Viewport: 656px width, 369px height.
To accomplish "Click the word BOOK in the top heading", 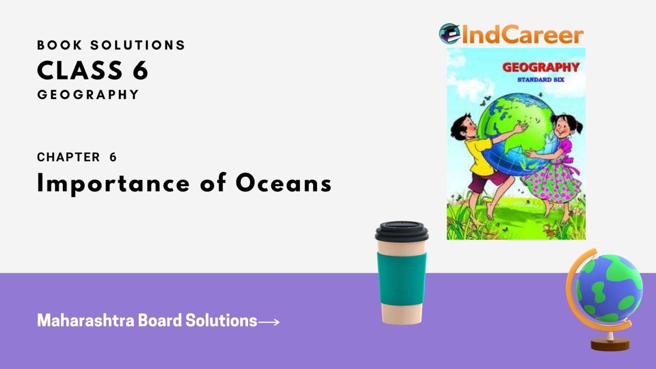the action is pyautogui.click(x=60, y=45).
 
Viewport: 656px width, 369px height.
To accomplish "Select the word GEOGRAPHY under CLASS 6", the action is pyautogui.click(x=88, y=95).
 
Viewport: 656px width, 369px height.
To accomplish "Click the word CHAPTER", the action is pyautogui.click(x=69, y=157).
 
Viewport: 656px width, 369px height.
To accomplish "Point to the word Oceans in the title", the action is pyautogui.click(x=284, y=184).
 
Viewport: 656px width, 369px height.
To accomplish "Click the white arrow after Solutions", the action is pyautogui.click(x=269, y=322).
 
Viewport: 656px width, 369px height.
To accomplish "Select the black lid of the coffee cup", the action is pyautogui.click(x=402, y=231).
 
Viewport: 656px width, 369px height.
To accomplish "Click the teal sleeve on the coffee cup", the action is pyautogui.click(x=402, y=279).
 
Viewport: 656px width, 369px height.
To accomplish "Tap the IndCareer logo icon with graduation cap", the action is pyautogui.click(x=449, y=33).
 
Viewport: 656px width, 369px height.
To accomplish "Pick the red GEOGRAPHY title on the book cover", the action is pyautogui.click(x=541, y=67).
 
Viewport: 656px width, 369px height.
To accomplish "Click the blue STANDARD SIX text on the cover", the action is pyautogui.click(x=541, y=79).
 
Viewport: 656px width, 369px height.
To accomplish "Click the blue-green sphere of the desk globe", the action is pyautogui.click(x=609, y=289).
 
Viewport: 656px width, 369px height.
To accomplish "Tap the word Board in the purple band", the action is pyautogui.click(x=160, y=320).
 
